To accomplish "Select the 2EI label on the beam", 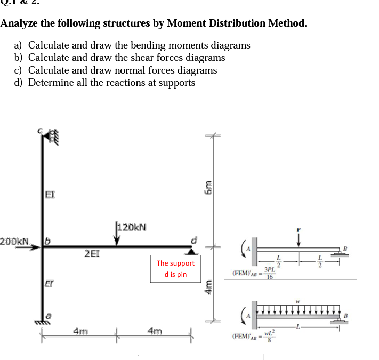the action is click(x=92, y=254).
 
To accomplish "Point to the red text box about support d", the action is click(x=175, y=269).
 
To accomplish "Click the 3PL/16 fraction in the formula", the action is click(x=270, y=273).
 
